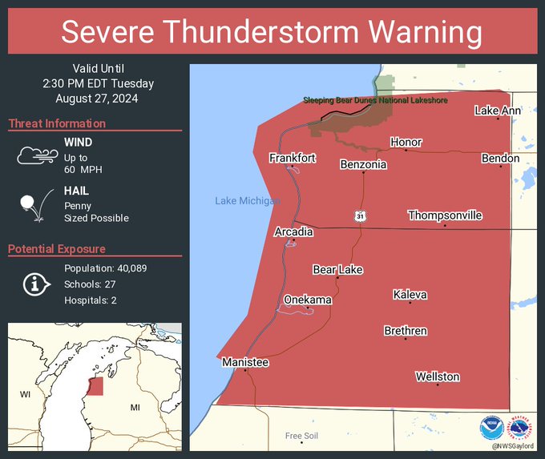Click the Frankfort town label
(292, 158)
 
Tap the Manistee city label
(245, 363)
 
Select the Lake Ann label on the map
(497, 110)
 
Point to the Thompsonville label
(445, 215)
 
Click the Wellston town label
(438, 376)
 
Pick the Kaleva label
(410, 295)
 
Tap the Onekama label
(307, 300)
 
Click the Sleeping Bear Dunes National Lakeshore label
(375, 100)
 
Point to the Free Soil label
(301, 436)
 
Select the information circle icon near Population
(35, 284)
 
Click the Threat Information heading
(57, 123)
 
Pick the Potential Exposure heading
(57, 249)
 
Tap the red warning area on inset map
(95, 385)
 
